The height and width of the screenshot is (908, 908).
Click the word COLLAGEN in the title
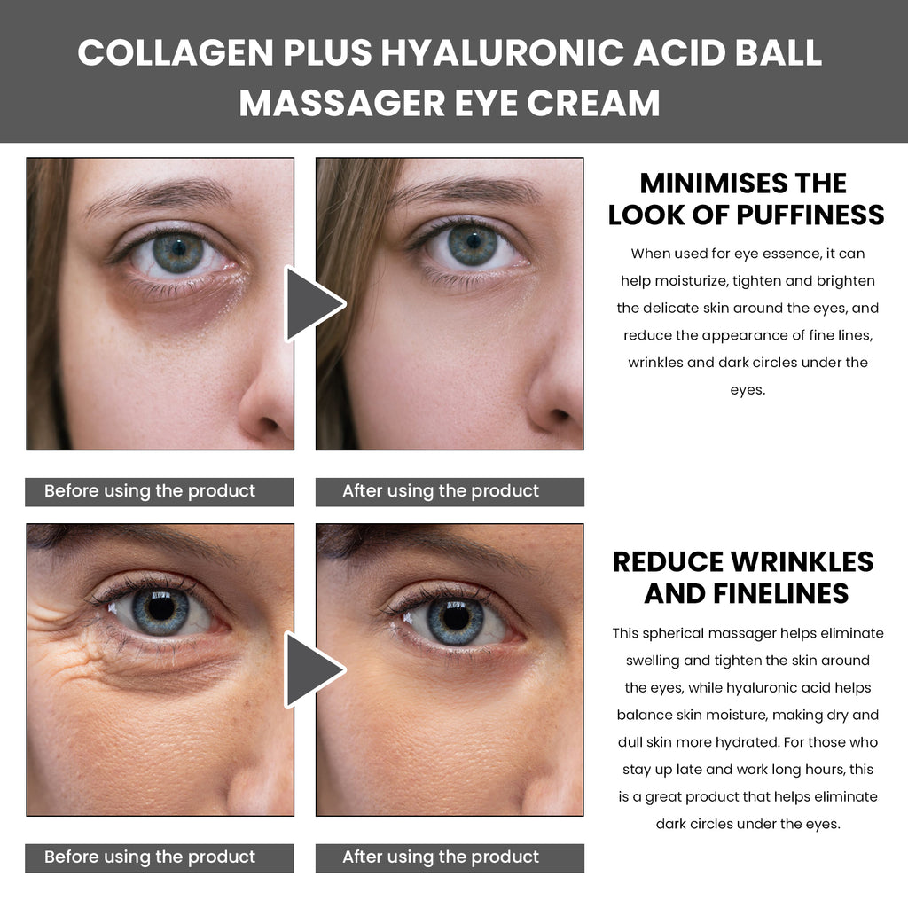[x=176, y=52]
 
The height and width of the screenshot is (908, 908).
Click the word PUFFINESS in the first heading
[x=810, y=215]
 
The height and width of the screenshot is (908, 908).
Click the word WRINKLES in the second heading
[x=802, y=561]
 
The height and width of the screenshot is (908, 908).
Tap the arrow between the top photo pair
[x=313, y=303]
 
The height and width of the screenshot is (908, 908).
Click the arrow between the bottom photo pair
[x=313, y=670]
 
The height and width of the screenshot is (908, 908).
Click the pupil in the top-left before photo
[x=179, y=249]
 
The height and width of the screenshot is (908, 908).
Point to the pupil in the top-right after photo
[x=474, y=241]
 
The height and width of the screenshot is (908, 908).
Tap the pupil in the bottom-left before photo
[x=161, y=608]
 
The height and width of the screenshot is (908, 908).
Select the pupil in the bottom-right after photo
[x=456, y=617]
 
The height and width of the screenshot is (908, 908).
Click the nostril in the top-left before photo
[x=269, y=423]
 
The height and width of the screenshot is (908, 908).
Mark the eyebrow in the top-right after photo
[x=466, y=191]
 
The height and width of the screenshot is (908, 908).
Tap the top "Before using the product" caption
[x=149, y=491]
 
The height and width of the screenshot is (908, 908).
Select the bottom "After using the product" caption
[x=441, y=857]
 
